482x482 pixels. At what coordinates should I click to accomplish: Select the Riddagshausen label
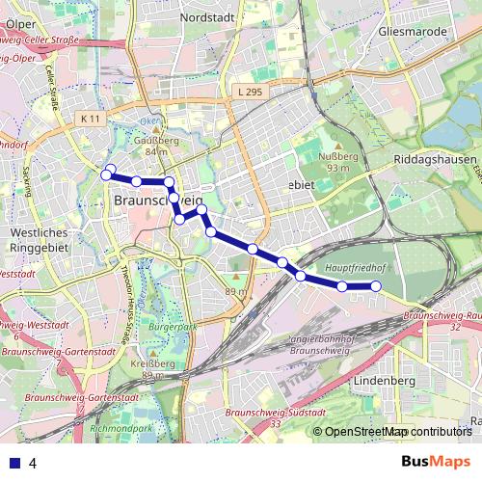(436, 159)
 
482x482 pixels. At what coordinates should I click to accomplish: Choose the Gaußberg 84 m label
(155, 145)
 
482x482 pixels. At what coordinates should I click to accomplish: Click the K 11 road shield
(91, 118)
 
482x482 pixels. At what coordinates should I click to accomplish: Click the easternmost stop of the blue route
(376, 285)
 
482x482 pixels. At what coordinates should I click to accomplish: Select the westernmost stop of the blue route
(106, 175)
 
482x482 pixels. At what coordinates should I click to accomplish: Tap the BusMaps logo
(436, 462)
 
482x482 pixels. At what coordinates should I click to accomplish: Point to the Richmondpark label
(120, 427)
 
